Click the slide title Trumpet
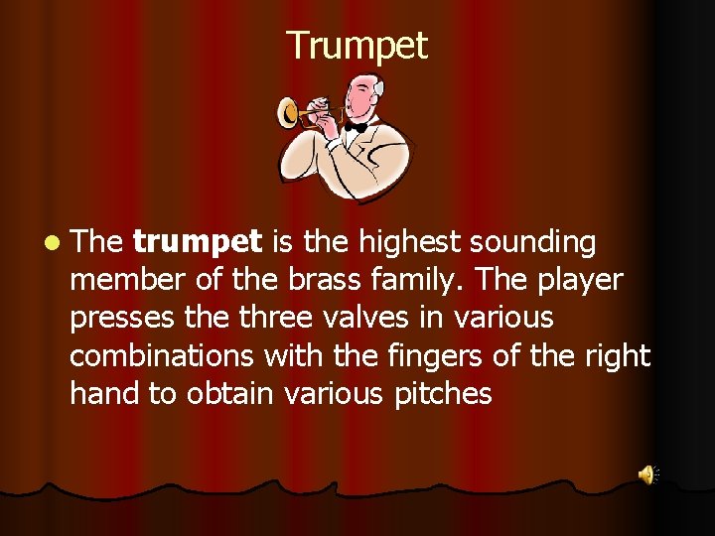357,46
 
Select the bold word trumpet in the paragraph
197,242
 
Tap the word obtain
233,394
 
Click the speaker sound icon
647,474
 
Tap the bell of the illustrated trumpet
290,113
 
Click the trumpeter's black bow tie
356,127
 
